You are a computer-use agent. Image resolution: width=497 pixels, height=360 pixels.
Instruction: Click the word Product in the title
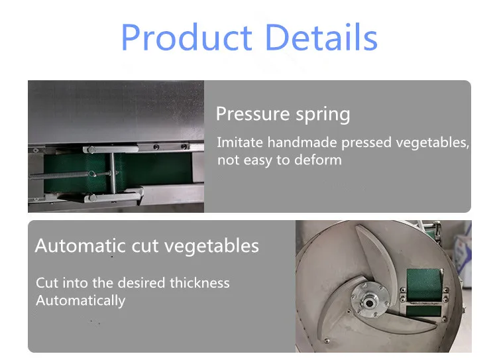(x=187, y=37)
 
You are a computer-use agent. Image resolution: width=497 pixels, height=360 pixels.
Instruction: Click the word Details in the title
(x=321, y=37)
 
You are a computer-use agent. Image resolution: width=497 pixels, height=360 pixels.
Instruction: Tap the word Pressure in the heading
(x=252, y=113)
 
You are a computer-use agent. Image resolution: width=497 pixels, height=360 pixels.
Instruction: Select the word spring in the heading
(x=323, y=115)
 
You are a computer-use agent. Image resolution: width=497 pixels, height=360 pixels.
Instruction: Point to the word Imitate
(x=240, y=142)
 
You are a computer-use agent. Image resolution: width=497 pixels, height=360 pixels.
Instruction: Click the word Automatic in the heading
(x=80, y=245)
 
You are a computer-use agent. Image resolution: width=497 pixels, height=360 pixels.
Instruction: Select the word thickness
(x=199, y=282)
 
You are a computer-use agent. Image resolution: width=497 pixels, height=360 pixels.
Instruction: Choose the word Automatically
(x=80, y=301)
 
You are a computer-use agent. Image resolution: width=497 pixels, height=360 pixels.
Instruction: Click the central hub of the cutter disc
(x=369, y=301)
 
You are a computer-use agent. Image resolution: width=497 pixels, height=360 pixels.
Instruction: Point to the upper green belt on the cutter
(x=424, y=284)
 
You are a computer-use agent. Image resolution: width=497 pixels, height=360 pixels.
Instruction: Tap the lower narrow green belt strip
(x=424, y=311)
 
